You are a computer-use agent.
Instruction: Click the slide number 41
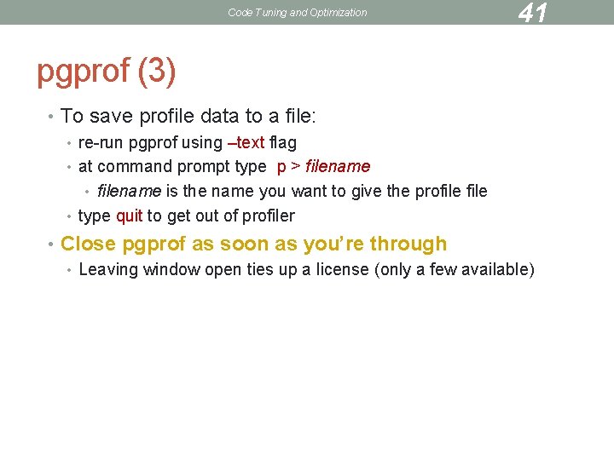(532, 13)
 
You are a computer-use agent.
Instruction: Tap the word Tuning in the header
(265, 13)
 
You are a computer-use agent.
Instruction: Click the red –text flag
(245, 142)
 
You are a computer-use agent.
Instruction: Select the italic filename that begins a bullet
(129, 191)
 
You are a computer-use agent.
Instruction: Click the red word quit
(129, 216)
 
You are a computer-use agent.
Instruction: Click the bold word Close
(88, 244)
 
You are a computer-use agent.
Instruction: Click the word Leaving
(108, 270)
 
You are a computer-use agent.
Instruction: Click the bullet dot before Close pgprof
(52, 244)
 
